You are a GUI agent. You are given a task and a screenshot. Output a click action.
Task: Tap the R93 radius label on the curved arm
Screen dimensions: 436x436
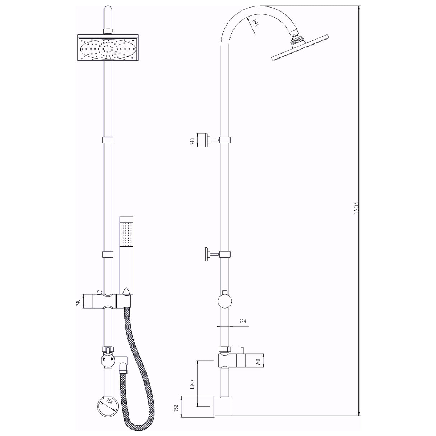[256, 24]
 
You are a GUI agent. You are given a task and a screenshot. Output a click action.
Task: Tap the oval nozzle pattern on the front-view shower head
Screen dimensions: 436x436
[108, 49]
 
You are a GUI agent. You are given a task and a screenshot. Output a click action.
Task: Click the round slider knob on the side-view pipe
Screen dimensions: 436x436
[225, 301]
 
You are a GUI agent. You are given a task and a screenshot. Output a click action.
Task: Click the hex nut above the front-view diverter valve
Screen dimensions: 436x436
[108, 349]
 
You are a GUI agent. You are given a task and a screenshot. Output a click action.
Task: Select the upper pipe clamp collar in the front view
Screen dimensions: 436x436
[108, 140]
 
